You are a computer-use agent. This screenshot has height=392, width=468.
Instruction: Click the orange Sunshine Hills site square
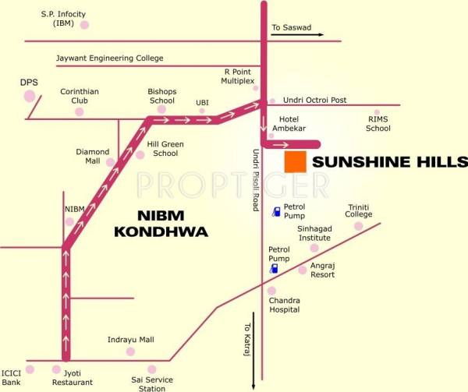295,162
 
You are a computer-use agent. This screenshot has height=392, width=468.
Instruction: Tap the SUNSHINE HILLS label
389,162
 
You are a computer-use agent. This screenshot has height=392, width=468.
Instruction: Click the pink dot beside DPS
30,96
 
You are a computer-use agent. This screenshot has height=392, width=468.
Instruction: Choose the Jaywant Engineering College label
109,58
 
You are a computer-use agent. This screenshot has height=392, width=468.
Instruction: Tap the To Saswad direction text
291,28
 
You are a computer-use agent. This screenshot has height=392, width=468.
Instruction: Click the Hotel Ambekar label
289,123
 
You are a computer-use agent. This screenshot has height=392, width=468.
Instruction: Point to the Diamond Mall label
93,156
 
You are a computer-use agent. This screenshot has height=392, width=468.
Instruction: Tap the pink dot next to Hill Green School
140,154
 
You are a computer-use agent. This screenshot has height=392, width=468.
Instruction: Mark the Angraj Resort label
322,270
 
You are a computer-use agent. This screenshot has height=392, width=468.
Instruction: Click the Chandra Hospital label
284,305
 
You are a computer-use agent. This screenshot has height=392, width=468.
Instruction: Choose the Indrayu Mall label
130,340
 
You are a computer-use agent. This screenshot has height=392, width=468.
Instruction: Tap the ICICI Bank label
11,378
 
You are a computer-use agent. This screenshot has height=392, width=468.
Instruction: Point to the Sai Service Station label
152,383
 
